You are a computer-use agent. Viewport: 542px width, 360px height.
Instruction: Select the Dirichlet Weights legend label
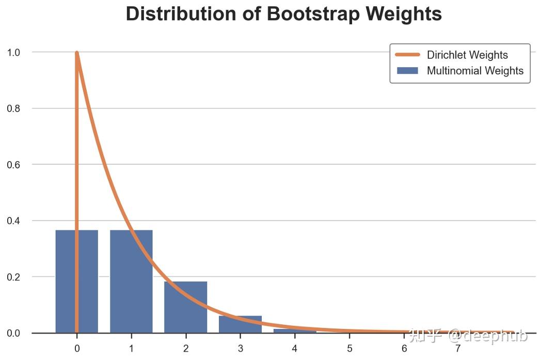click(467, 55)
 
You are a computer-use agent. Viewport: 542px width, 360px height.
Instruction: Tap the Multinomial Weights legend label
click(475, 71)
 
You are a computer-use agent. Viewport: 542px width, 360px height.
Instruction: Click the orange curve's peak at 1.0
click(77, 53)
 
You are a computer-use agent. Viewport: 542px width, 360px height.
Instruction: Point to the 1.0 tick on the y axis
click(13, 52)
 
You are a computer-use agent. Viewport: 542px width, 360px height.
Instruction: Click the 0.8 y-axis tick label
click(13, 108)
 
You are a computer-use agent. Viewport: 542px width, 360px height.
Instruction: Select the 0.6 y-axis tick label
click(13, 165)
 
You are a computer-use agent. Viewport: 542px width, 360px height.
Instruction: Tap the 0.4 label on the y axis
click(13, 221)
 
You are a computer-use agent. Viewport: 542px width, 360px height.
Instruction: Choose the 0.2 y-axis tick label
click(13, 277)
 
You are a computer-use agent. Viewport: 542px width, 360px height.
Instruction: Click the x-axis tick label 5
click(349, 349)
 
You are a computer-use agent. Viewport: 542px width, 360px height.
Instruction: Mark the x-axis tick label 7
click(458, 349)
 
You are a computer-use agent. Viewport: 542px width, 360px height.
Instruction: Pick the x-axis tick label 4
click(295, 349)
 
